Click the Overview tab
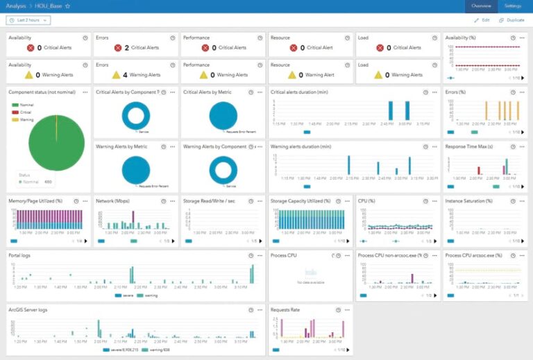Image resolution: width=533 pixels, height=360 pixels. [481, 6]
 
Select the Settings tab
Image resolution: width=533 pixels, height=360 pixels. [513, 6]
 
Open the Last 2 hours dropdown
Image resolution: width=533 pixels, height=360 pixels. [28, 21]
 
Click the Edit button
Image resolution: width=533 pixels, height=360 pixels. [482, 20]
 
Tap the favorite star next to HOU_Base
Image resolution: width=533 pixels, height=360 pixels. [68, 6]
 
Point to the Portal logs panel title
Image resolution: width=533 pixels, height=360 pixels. [20, 255]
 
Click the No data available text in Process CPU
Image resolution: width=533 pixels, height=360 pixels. [310, 284]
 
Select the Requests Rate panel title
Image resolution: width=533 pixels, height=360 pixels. [285, 309]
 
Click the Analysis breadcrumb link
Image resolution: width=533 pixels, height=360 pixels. [16, 6]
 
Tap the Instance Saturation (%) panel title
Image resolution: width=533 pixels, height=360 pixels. [469, 201]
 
